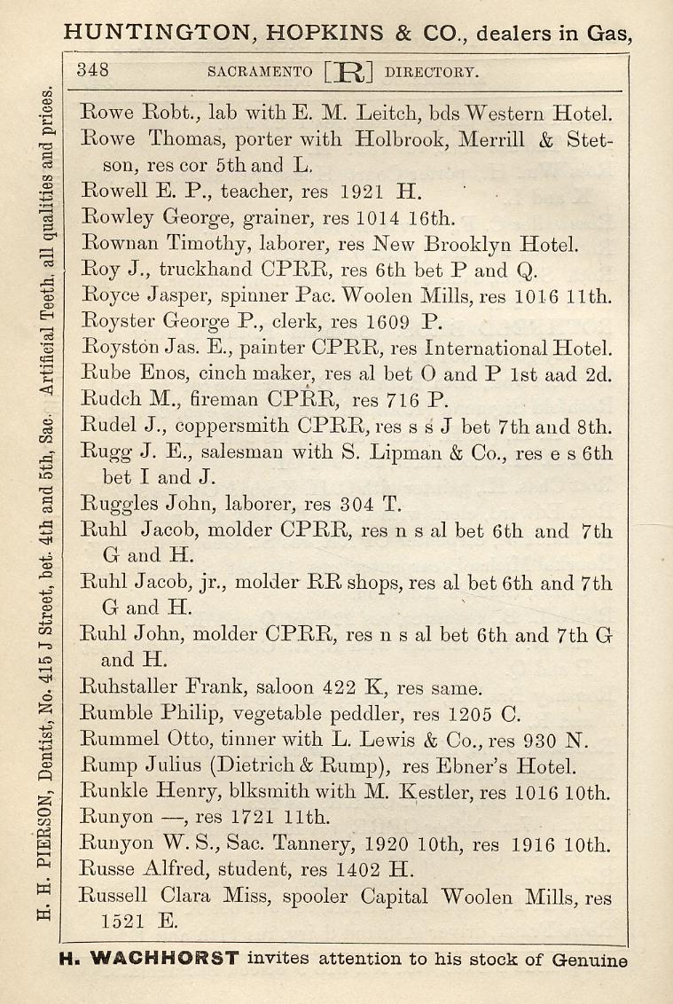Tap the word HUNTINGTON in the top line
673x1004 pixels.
pos(152,34)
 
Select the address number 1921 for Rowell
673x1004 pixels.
pos(362,191)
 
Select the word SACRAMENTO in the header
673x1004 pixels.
pos(259,72)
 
